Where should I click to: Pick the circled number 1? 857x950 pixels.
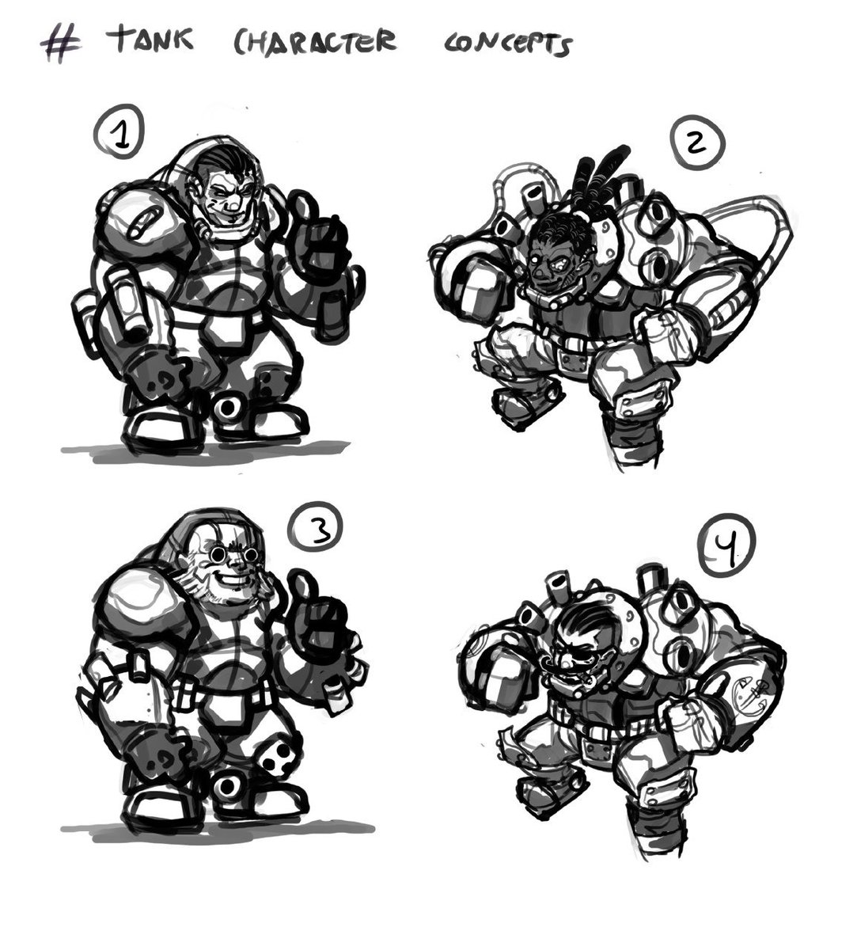(119, 131)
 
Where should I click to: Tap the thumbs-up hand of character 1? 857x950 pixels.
(318, 237)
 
